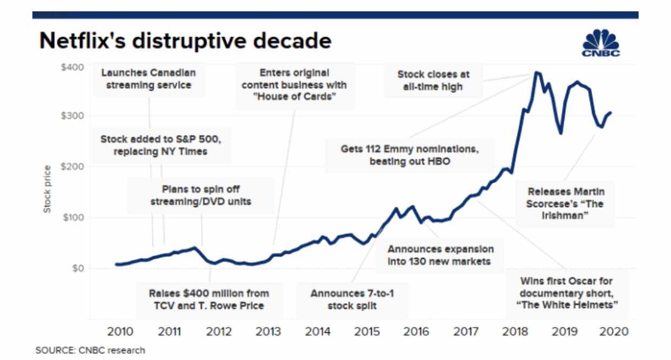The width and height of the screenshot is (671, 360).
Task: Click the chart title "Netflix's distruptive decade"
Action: pos(184,41)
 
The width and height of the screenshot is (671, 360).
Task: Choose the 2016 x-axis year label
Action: pos(417,331)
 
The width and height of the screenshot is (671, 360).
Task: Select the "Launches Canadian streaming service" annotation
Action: pos(149,79)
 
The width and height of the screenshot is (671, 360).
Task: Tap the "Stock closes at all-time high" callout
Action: pos(433,80)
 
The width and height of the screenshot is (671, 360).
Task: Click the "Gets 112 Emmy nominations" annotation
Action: pos(410,155)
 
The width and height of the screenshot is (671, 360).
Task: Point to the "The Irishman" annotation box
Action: pos(566,204)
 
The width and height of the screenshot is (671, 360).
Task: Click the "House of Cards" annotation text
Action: pos(294,85)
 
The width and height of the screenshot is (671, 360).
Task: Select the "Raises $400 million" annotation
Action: pos(209,299)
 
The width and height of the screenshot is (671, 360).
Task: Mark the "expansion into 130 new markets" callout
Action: pos(440,255)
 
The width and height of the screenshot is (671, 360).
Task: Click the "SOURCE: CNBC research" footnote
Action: pos(90,350)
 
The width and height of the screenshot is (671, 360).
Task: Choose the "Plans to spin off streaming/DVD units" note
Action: pos(201,196)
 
